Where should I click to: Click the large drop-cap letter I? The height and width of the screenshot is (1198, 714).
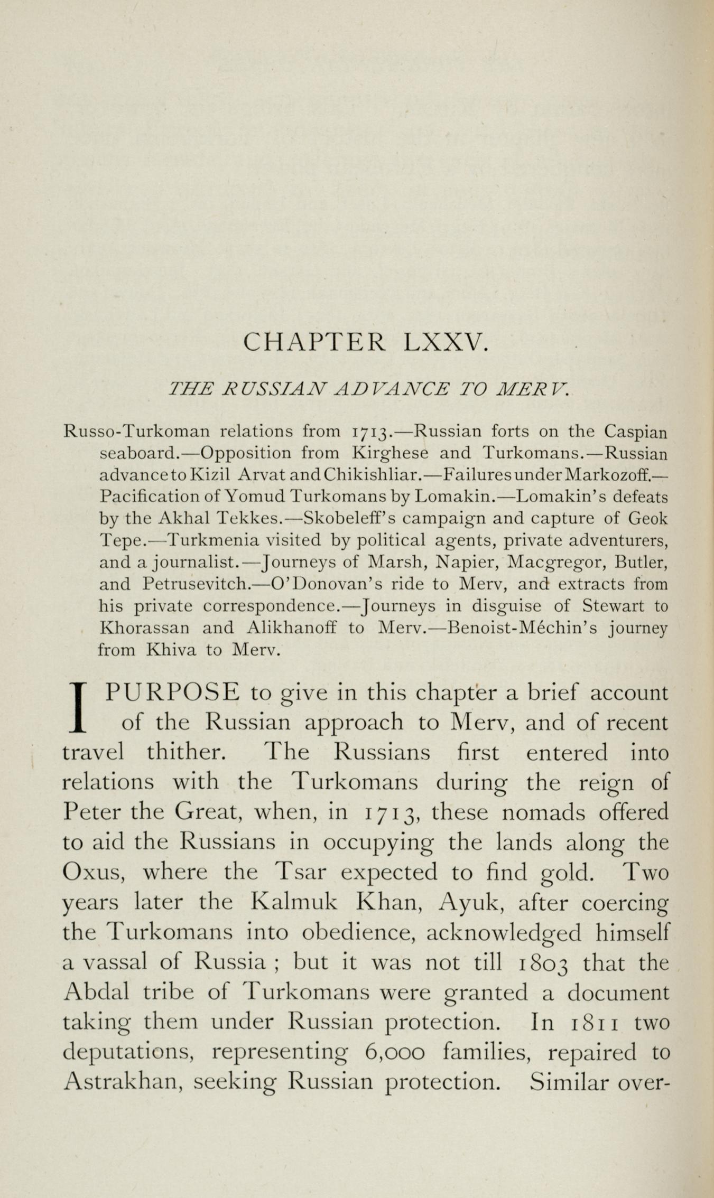[x=78, y=707]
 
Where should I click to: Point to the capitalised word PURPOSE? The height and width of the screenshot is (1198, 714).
[x=172, y=692]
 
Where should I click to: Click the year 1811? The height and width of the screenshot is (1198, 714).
[x=597, y=1023]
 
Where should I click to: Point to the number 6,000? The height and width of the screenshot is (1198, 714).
[x=394, y=1053]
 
